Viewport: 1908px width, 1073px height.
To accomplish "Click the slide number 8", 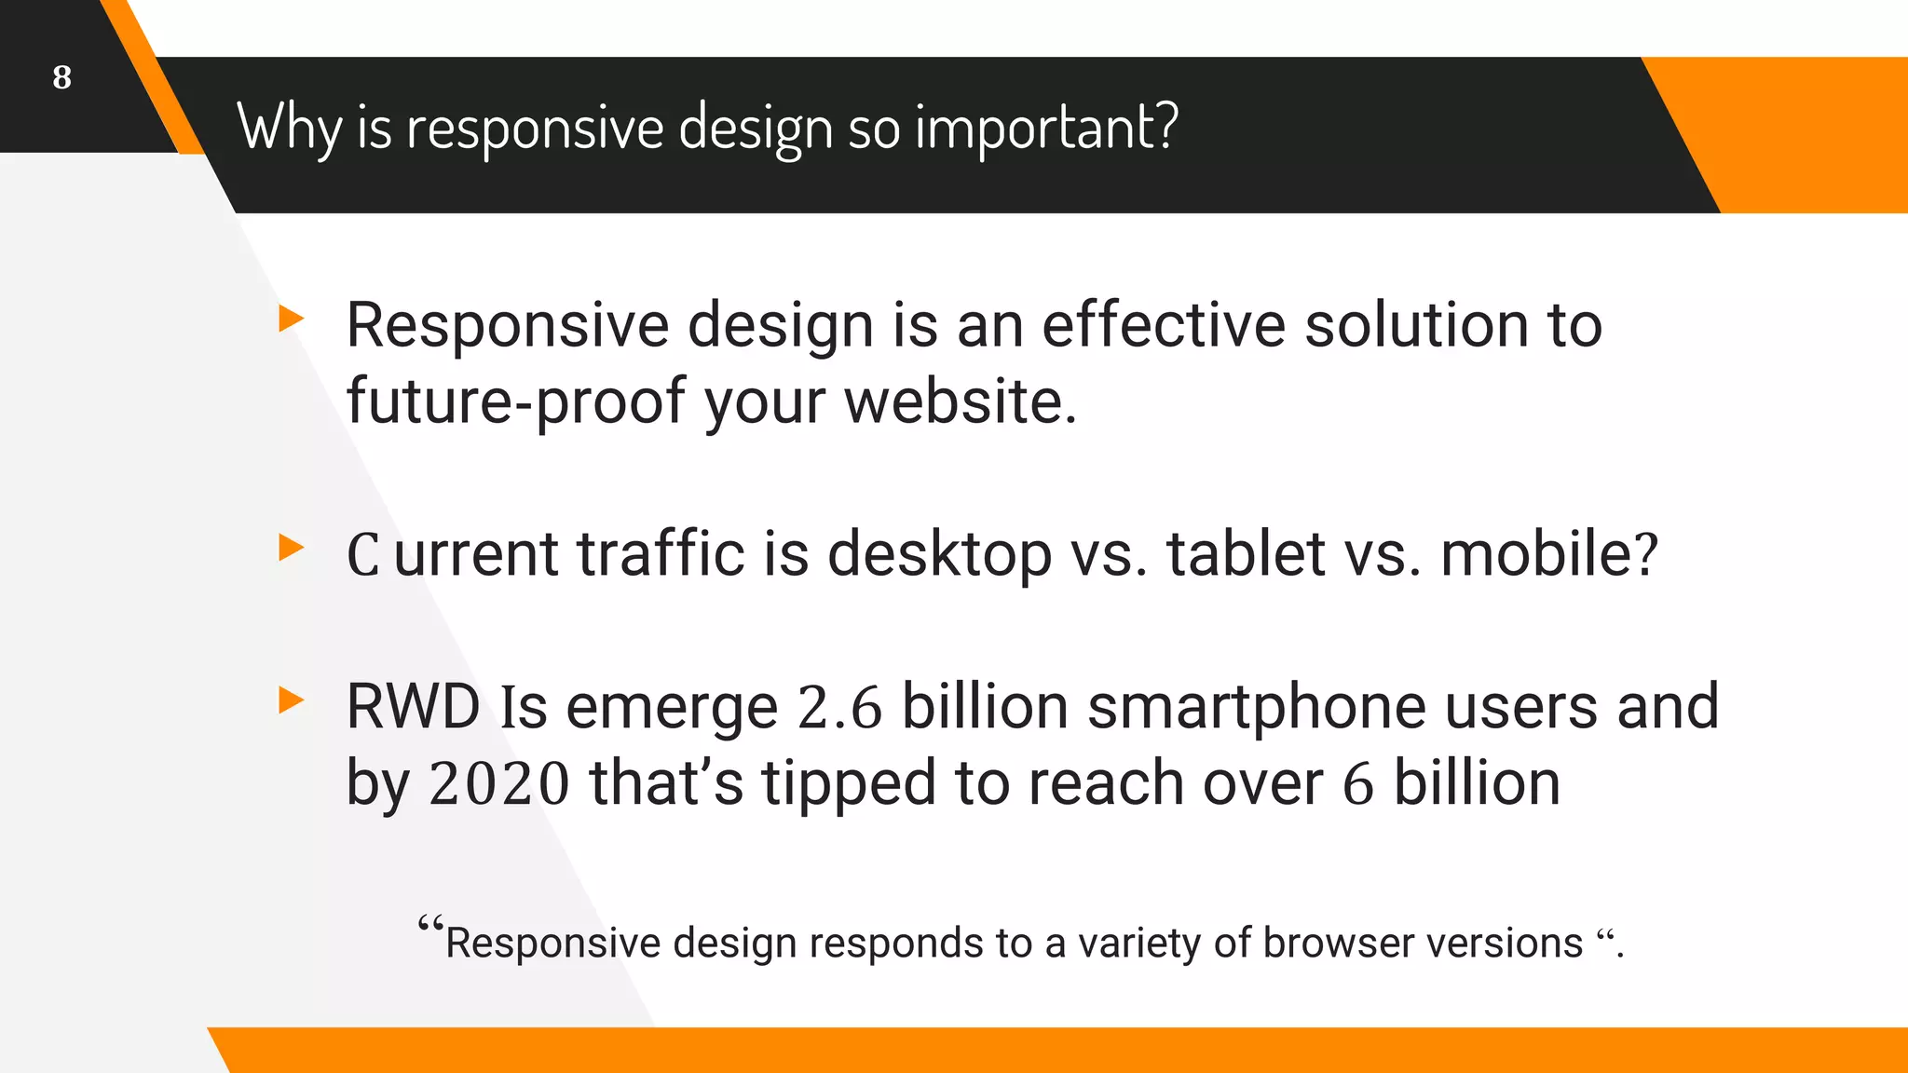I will point(61,77).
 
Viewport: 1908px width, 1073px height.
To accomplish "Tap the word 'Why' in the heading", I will point(289,127).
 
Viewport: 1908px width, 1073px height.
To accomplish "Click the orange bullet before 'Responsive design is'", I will point(291,319).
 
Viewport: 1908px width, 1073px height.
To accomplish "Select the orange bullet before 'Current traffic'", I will point(291,548).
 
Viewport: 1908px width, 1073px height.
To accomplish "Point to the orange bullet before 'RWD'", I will point(291,700).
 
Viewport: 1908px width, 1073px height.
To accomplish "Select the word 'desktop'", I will point(939,554).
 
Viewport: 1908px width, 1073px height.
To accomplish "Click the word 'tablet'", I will point(1246,554).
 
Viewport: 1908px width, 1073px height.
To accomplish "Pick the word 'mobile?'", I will point(1548,554).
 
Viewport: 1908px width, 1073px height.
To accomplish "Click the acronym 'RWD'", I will point(413,707).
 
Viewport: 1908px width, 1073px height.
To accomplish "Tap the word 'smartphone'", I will point(1256,707).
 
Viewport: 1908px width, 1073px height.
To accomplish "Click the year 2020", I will point(498,783).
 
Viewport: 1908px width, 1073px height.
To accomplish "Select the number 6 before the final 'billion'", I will point(1357,783).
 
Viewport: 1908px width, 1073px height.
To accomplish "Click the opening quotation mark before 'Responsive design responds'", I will point(430,926).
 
